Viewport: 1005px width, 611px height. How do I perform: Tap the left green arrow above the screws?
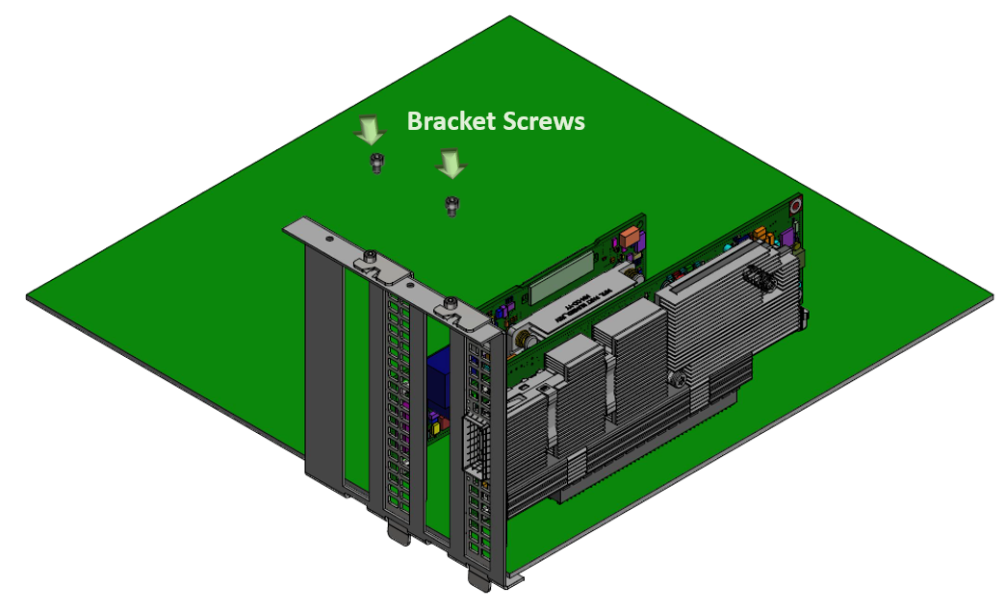tap(370, 130)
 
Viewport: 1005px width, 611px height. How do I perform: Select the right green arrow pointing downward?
tap(450, 165)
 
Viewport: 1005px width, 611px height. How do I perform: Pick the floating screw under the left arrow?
tap(375, 163)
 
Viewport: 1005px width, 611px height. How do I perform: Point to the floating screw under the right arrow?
tap(450, 205)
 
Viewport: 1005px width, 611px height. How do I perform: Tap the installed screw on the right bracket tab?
tap(449, 306)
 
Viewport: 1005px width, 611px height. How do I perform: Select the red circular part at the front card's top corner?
tap(795, 205)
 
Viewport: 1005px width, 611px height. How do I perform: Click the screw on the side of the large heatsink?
tap(681, 381)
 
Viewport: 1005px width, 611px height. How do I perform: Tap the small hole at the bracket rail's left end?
tap(328, 236)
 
